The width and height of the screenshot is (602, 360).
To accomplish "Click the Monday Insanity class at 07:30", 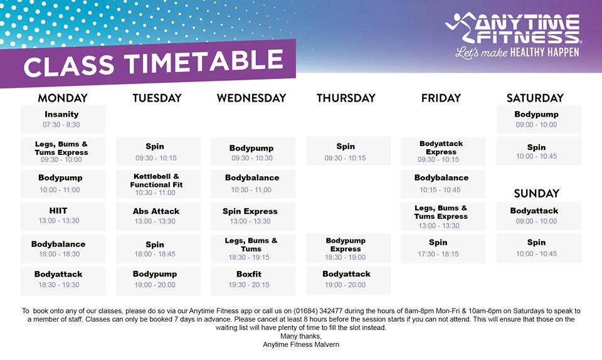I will [x=62, y=119].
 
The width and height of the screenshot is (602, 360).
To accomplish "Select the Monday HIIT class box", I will [x=62, y=216].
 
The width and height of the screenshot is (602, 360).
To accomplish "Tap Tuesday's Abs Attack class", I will [x=157, y=216].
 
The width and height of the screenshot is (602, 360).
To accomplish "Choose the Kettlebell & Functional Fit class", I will [x=157, y=184].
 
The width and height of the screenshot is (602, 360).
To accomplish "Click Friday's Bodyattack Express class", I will [x=442, y=151].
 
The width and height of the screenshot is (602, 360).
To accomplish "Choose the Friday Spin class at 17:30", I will [x=442, y=248].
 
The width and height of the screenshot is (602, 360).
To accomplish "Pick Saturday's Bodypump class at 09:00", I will [x=537, y=119].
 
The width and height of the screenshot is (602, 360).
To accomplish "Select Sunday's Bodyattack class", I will [x=537, y=216].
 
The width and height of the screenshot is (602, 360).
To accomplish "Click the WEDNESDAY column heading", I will [x=251, y=98].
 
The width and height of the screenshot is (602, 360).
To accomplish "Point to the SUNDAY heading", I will [x=536, y=193].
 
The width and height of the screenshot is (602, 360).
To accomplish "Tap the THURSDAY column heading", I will [x=346, y=98].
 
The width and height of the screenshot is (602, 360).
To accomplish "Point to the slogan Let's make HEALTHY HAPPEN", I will [x=517, y=52].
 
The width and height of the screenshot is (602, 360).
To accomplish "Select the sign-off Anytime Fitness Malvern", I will [x=302, y=344].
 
